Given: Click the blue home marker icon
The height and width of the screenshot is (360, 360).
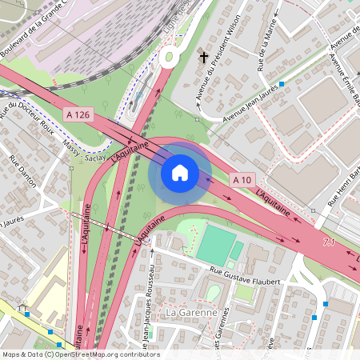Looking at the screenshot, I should click(180, 173).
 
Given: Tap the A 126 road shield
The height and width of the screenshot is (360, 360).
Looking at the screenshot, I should click(78, 115).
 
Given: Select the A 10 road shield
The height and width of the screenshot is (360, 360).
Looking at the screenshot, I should click(243, 181).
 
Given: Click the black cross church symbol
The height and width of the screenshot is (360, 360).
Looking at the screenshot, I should click(204, 58).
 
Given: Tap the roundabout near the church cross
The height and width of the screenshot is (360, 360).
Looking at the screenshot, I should click(170, 57).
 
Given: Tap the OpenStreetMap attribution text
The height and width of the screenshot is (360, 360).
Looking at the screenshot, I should click(81, 354).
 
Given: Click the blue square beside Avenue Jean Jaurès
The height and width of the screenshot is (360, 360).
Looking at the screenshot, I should click(282, 82).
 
